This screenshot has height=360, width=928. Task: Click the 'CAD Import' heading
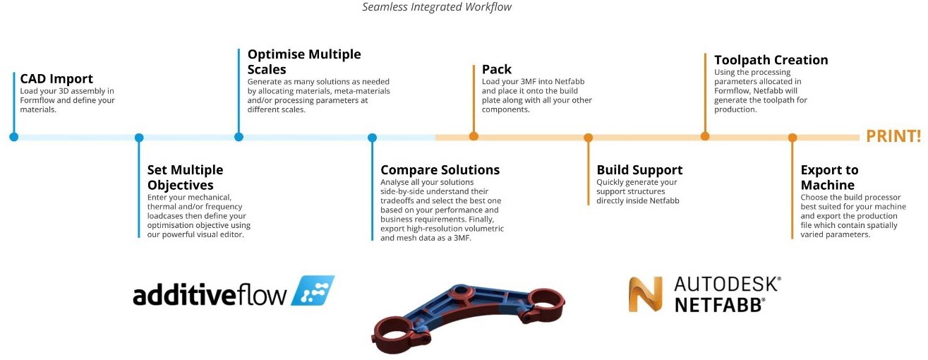click(x=56, y=79)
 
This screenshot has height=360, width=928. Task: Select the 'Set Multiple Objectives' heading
click(x=185, y=177)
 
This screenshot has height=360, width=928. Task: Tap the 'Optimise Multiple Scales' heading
click(x=303, y=62)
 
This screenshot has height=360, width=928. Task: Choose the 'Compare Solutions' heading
click(x=440, y=170)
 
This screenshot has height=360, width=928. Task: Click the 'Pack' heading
click(x=497, y=69)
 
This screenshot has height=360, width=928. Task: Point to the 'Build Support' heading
click(x=639, y=170)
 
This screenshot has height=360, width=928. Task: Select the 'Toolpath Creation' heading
click(x=771, y=61)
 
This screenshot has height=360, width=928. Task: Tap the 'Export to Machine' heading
click(x=829, y=177)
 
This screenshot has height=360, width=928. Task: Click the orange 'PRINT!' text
click(x=893, y=136)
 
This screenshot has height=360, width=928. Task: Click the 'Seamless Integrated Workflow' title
click(x=437, y=7)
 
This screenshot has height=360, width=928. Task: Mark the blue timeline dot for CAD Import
click(x=13, y=137)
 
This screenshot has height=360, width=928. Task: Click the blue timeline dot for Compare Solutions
click(x=372, y=138)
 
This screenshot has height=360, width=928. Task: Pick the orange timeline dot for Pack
click(x=474, y=137)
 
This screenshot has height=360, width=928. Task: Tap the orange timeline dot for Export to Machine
click(x=792, y=138)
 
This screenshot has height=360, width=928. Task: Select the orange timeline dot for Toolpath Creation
click(x=704, y=137)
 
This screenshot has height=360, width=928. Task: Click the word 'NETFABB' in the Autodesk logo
click(x=720, y=304)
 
